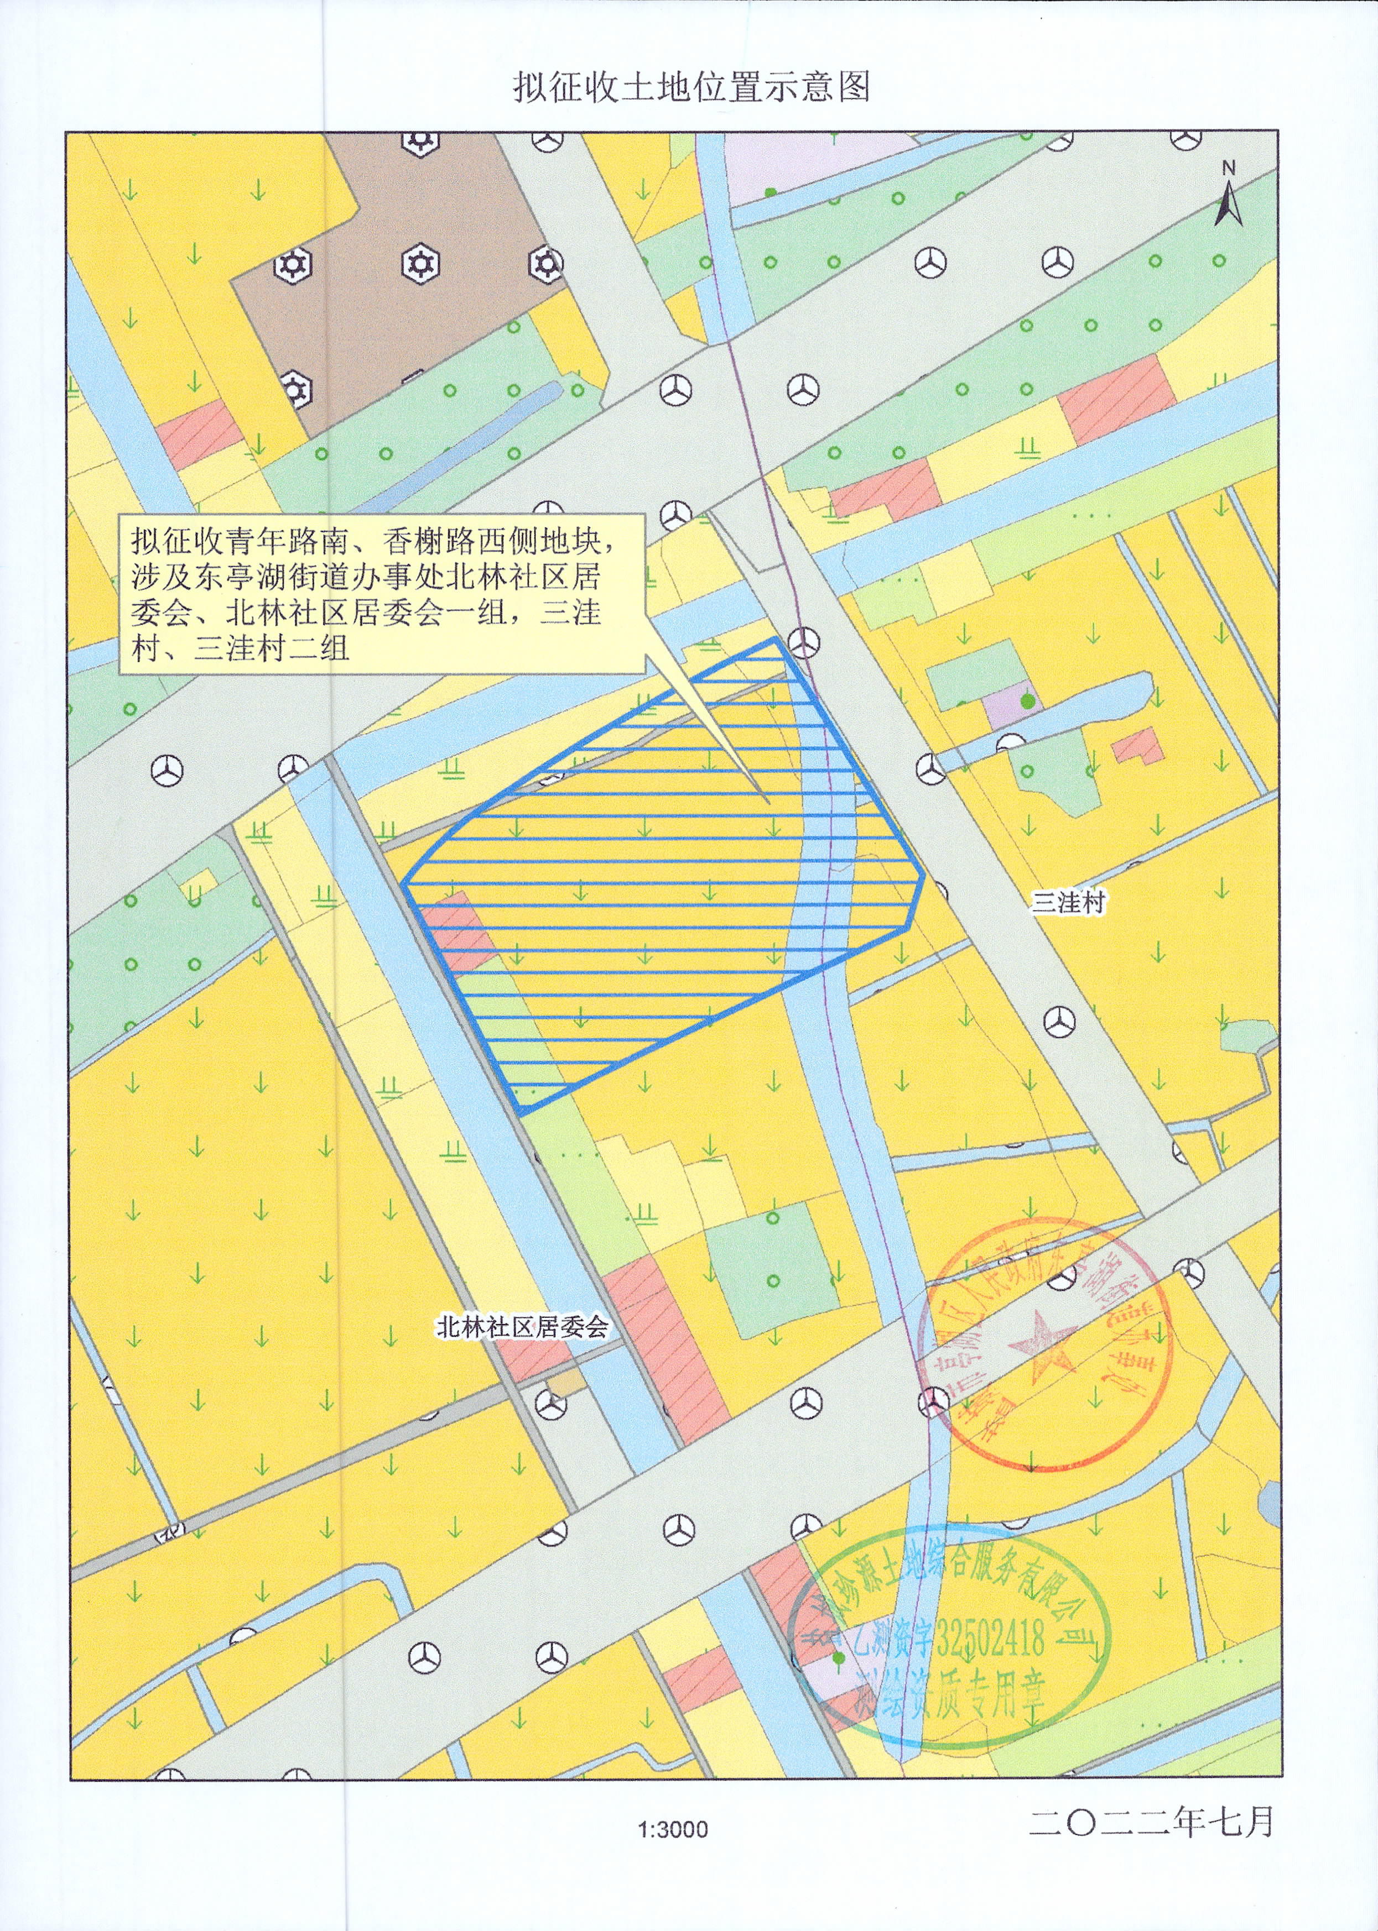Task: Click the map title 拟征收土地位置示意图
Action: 691,86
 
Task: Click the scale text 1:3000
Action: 673,1854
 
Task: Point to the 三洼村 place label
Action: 1068,902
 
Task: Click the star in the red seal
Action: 1042,1348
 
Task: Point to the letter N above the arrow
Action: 1229,169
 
